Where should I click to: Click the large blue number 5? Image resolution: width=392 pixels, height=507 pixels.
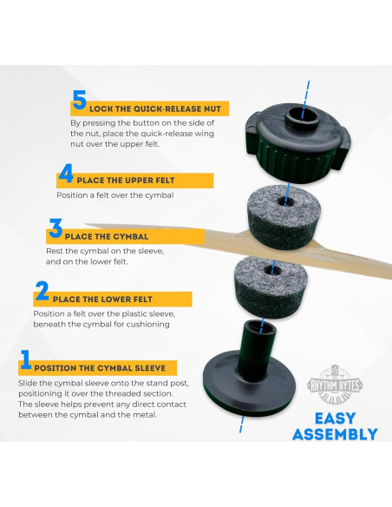(80, 100)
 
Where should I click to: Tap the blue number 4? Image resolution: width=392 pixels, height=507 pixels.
(66, 173)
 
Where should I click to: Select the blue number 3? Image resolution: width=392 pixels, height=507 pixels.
(56, 228)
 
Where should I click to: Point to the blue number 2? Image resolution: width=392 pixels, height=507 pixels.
(42, 291)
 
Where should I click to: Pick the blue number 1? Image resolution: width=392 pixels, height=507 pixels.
(26, 359)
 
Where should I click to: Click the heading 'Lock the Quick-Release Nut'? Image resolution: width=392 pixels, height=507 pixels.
(155, 109)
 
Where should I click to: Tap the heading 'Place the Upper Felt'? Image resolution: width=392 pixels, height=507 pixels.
(126, 181)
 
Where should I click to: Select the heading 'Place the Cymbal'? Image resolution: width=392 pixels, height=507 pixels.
(107, 237)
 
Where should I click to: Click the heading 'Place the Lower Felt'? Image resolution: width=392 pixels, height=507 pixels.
(102, 300)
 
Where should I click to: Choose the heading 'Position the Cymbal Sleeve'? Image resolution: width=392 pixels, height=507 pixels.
(100, 368)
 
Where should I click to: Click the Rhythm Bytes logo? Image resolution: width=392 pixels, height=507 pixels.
(335, 385)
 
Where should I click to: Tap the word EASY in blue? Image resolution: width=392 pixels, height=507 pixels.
(335, 418)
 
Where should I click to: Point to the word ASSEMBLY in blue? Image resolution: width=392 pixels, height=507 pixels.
(335, 434)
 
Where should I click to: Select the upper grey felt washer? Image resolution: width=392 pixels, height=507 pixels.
(284, 217)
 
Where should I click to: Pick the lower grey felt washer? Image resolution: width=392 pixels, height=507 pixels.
(271, 287)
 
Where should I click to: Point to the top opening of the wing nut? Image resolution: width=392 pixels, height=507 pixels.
(302, 115)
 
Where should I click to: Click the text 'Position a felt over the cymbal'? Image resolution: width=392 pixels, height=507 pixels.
(115, 195)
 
